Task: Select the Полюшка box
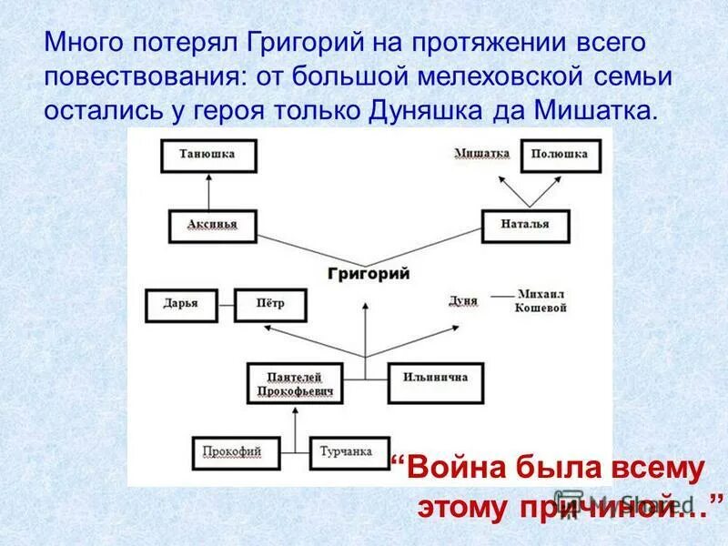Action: (561, 155)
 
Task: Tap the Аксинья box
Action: (213, 225)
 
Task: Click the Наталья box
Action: (525, 225)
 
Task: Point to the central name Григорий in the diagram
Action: (368, 274)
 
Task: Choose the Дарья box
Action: (181, 305)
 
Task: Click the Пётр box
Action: (270, 305)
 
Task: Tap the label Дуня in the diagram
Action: (463, 301)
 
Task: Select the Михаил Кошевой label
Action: (542, 302)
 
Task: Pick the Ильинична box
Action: (436, 383)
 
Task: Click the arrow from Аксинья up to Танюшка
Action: (209, 191)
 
